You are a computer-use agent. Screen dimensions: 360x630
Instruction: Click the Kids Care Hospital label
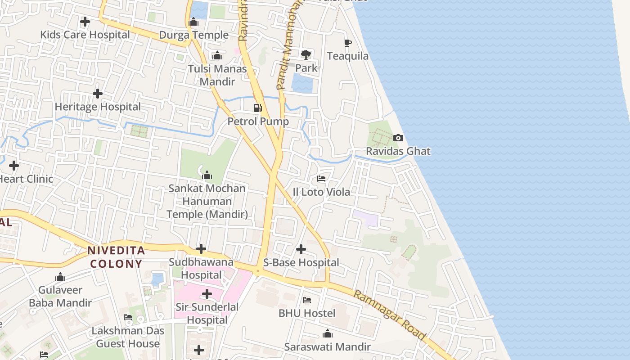[85, 35]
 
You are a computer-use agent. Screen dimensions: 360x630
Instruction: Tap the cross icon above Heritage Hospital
[97, 94]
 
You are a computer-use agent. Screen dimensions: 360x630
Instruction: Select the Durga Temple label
[194, 35]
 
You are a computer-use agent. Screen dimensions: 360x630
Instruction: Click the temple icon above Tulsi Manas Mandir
[217, 56]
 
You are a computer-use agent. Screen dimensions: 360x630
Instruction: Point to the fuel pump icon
[257, 108]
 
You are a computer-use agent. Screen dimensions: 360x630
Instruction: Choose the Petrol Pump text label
[258, 121]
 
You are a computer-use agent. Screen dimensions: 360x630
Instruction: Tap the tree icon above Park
[306, 55]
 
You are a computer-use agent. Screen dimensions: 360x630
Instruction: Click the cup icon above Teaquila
[347, 43]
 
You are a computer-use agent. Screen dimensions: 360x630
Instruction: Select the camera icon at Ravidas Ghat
[398, 138]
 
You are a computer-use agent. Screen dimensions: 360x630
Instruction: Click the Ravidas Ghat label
[398, 151]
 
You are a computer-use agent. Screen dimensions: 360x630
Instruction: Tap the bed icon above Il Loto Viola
[321, 179]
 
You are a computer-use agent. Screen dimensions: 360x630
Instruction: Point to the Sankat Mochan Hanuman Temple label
[207, 201]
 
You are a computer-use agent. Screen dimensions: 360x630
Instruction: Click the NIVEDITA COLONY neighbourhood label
[116, 257]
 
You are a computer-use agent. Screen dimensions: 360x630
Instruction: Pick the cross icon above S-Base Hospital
[301, 249]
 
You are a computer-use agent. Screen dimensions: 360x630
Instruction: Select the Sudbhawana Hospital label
[201, 268]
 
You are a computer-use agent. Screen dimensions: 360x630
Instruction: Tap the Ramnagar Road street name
[389, 315]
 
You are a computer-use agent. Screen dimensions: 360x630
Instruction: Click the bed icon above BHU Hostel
[307, 300]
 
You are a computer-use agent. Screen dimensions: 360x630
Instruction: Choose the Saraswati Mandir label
[327, 347]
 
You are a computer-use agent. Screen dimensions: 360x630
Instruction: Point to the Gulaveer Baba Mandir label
[60, 297]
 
